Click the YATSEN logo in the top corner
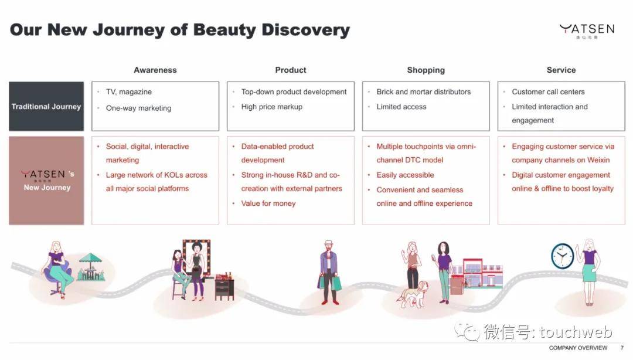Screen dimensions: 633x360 tap(587, 30)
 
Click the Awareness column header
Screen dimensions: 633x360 tap(155, 70)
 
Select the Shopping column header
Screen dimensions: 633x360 tap(426, 70)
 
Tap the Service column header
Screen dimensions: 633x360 tap(561, 70)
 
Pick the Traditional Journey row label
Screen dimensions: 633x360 tap(46, 106)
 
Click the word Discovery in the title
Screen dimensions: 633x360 tap(305, 30)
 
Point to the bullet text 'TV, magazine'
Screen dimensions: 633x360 tap(129, 91)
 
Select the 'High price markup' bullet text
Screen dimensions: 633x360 tap(272, 107)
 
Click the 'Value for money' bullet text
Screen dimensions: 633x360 tap(268, 203)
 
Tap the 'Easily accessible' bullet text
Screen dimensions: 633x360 tap(405, 175)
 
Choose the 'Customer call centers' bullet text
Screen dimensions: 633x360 tap(548, 91)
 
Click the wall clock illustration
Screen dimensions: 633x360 tap(562, 256)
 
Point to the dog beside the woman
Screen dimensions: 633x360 tap(412, 294)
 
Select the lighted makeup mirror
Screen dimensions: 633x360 tap(196, 257)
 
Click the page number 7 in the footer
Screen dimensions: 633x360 tap(622, 348)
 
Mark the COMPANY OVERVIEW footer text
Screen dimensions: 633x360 tap(578, 348)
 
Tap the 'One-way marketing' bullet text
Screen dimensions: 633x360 tap(138, 108)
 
